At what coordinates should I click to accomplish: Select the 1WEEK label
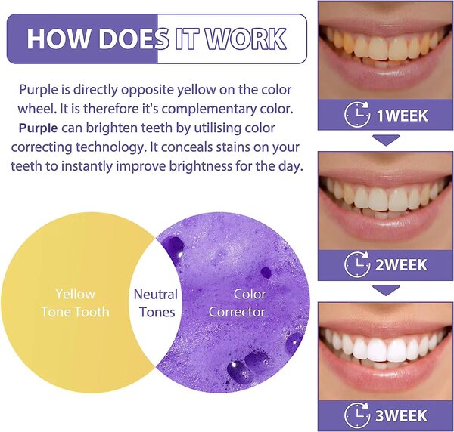(402, 116)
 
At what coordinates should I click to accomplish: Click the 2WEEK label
(402, 265)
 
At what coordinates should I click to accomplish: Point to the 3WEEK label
(402, 415)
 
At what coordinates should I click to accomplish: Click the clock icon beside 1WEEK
(357, 116)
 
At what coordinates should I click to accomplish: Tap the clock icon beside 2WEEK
(357, 265)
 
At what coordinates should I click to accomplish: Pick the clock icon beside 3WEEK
(357, 415)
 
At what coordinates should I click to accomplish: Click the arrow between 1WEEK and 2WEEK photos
(387, 140)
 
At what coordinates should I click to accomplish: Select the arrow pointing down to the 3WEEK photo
(387, 289)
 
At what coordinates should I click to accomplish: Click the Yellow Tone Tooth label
(76, 303)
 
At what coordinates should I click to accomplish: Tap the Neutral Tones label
(156, 303)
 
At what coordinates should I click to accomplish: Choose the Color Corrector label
(236, 303)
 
